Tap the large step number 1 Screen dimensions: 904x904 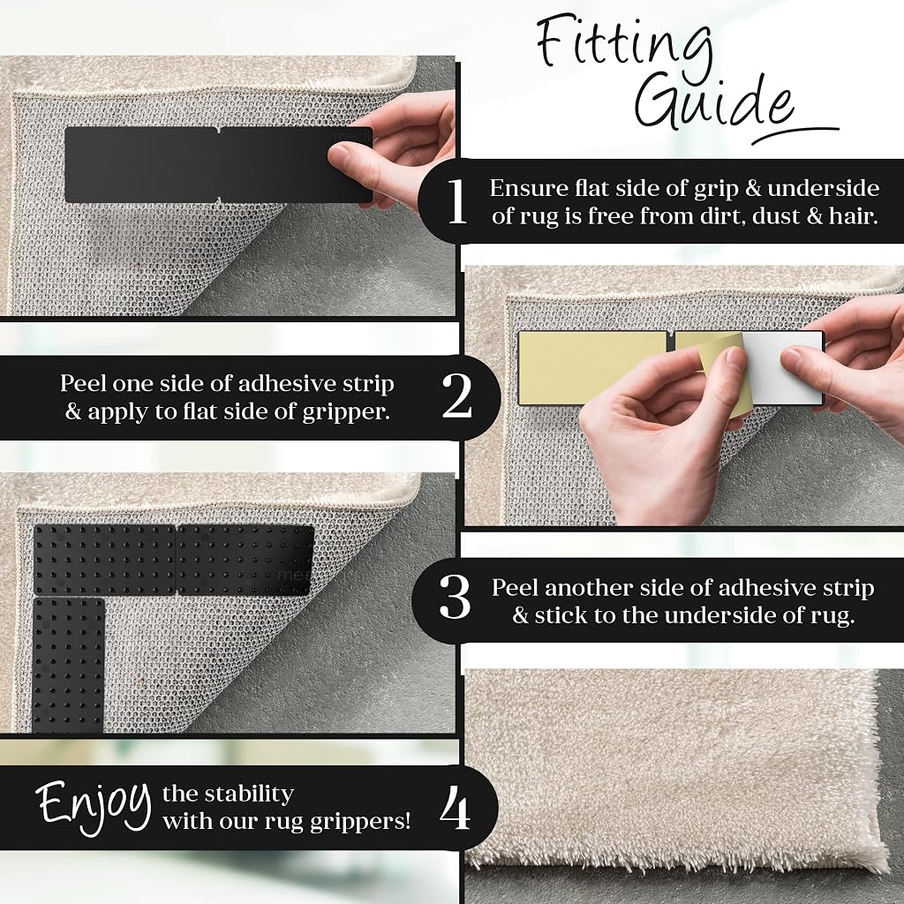tap(457, 201)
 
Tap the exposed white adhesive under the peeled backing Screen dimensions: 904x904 tap(784, 368)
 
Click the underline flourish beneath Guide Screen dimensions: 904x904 tap(795, 134)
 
